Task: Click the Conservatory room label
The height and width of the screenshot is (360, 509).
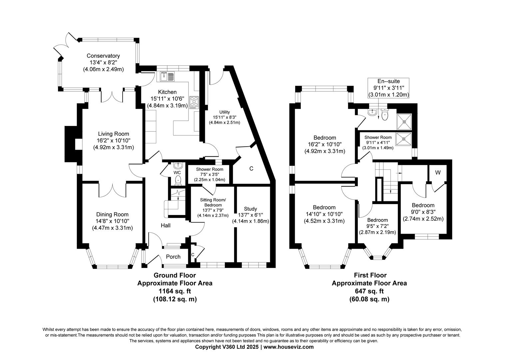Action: click(103, 56)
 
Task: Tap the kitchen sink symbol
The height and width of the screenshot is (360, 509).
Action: click(167, 77)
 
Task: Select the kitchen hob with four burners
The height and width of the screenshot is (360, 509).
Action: click(194, 102)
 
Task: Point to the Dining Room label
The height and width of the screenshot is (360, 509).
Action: click(112, 214)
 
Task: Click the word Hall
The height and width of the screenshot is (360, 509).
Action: click(166, 226)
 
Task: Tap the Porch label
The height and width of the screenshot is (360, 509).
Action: click(173, 257)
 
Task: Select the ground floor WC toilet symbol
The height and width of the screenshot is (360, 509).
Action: click(179, 180)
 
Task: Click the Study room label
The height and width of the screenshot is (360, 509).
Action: click(250, 209)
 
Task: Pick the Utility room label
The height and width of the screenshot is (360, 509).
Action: click(225, 112)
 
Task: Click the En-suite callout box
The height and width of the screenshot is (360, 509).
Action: click(388, 88)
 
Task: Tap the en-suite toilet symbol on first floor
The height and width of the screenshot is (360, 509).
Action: click(385, 115)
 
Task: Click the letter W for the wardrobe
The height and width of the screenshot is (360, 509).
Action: click(438, 173)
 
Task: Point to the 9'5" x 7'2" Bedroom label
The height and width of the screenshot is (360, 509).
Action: click(377, 220)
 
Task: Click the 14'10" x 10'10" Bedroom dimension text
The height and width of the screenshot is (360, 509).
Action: click(324, 214)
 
